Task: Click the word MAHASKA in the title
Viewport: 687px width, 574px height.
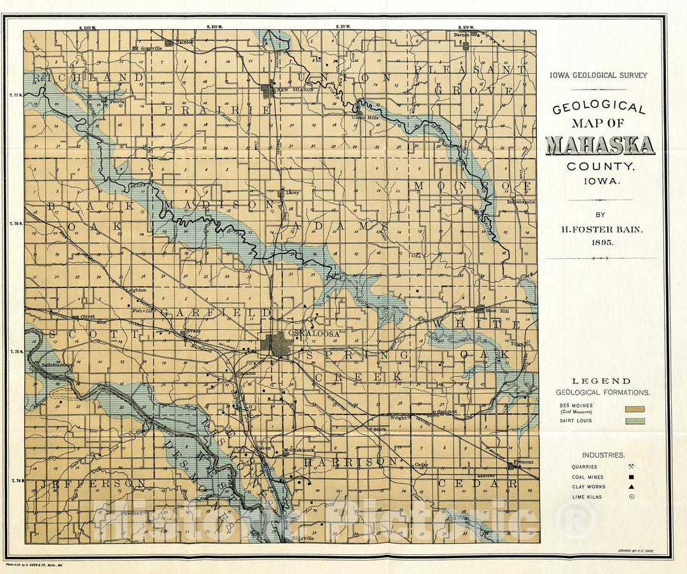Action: click(600, 146)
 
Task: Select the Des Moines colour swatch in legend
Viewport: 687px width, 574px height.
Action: click(635, 409)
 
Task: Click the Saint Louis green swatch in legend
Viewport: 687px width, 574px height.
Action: click(635, 421)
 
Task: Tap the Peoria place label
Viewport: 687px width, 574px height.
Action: click(116, 101)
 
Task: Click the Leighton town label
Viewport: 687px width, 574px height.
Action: click(136, 290)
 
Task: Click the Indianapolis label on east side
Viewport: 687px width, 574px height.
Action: click(521, 202)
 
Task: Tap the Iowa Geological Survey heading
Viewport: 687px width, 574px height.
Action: click(598, 75)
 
